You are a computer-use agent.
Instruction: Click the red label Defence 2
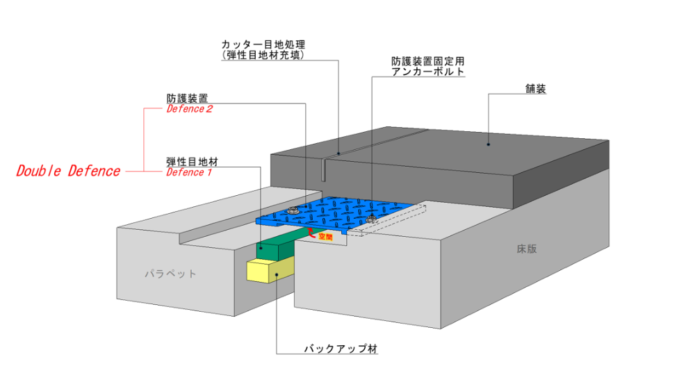click(x=189, y=109)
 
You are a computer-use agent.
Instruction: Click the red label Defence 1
click(x=189, y=172)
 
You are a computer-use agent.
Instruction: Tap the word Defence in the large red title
click(x=94, y=172)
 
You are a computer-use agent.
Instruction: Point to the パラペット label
click(x=170, y=274)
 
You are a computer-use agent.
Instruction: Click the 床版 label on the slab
click(x=526, y=249)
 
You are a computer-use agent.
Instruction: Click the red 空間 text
click(x=325, y=237)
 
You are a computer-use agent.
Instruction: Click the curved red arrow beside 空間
click(x=312, y=235)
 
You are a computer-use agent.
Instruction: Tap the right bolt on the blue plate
click(x=372, y=219)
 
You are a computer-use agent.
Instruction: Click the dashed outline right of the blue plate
click(x=389, y=221)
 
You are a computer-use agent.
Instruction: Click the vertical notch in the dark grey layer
click(x=325, y=170)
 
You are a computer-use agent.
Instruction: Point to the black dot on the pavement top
click(x=488, y=144)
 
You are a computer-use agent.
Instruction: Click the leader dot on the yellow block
click(x=277, y=275)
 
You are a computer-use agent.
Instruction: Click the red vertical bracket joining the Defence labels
click(x=144, y=139)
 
